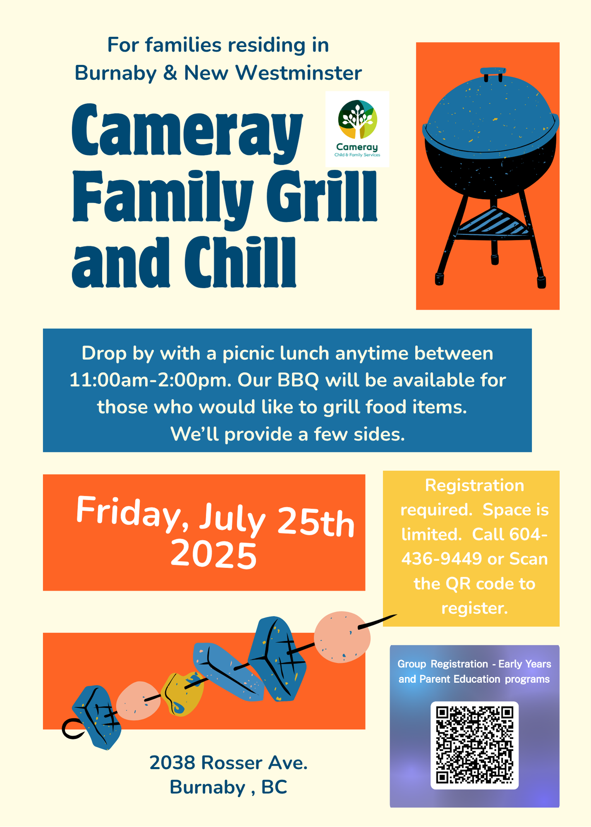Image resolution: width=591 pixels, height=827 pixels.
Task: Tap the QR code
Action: pyautogui.click(x=475, y=745)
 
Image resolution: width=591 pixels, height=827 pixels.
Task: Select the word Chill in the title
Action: pyautogui.click(x=240, y=262)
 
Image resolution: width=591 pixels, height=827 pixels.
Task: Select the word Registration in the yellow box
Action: pyautogui.click(x=475, y=485)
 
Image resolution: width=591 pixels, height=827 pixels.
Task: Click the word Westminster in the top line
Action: pyautogui.click(x=298, y=73)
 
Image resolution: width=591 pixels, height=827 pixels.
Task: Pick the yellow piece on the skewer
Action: pyautogui.click(x=182, y=693)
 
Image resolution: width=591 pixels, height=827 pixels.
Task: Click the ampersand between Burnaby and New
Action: pyautogui.click(x=170, y=73)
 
